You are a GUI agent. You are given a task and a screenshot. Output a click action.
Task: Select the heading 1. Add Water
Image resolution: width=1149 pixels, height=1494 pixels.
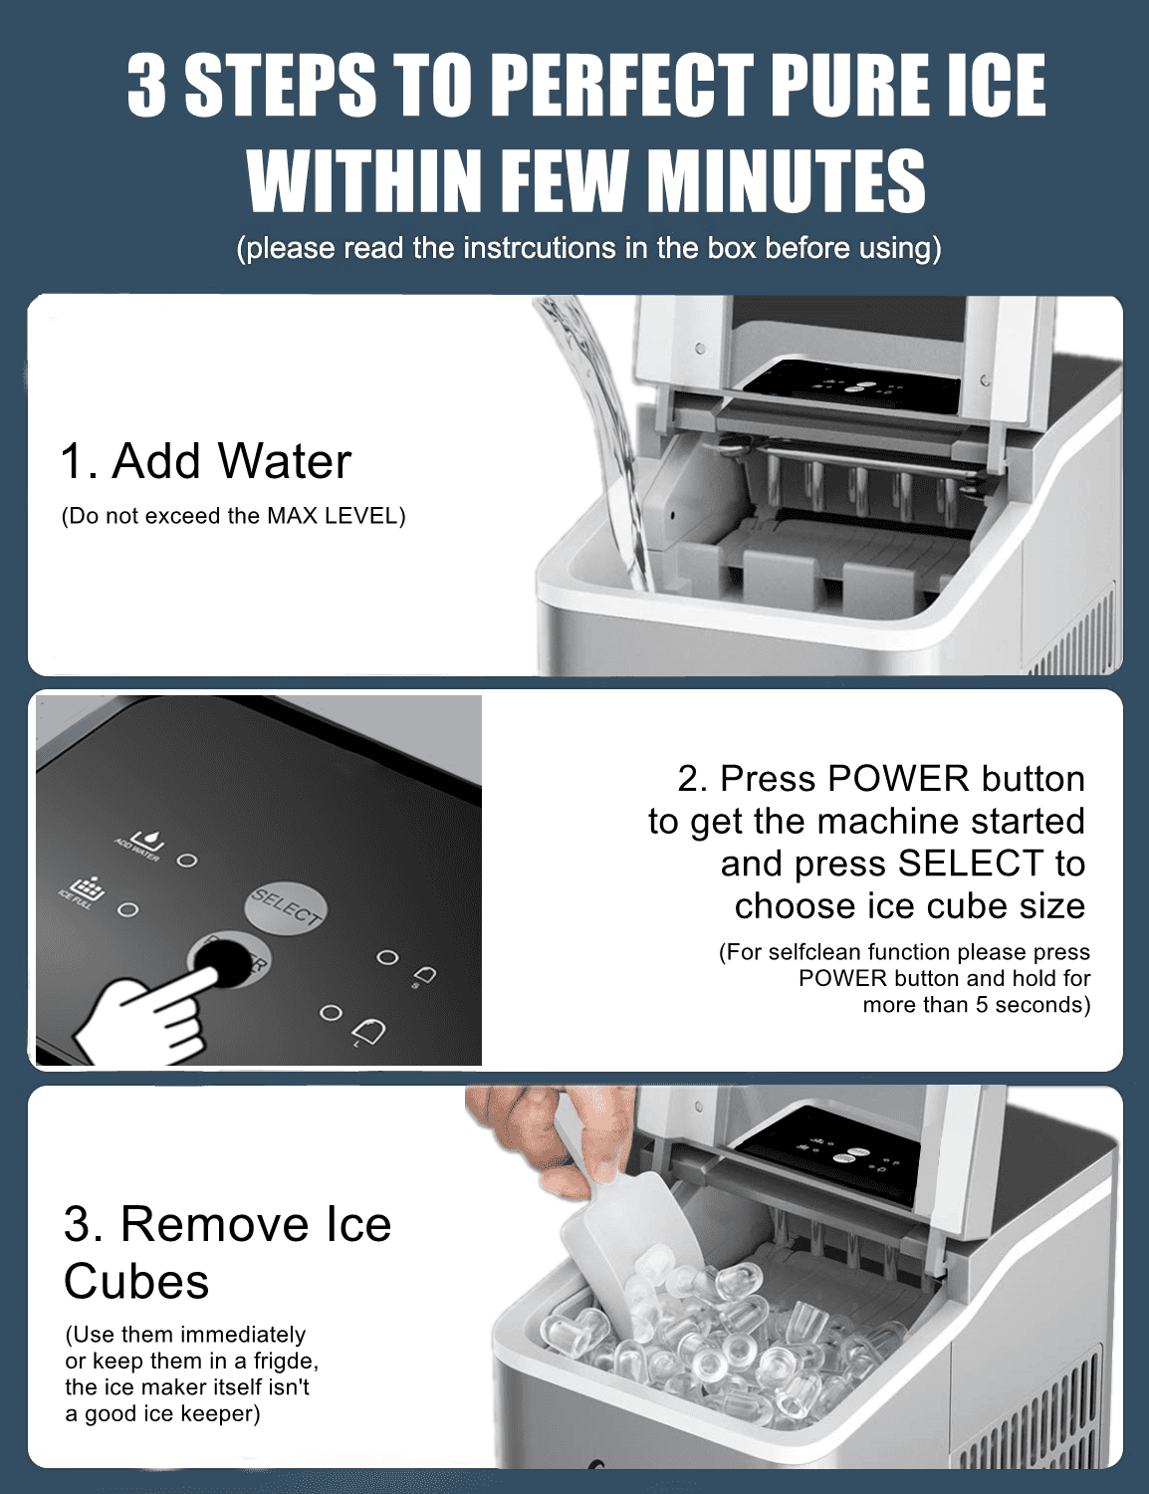pos(205,460)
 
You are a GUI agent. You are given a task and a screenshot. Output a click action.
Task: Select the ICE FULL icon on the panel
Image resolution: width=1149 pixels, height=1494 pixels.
pos(90,887)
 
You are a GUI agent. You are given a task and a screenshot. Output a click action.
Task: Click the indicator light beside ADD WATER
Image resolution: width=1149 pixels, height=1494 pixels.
pos(186,861)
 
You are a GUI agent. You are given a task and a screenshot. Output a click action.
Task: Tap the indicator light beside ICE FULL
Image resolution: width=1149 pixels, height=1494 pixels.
pos(127,909)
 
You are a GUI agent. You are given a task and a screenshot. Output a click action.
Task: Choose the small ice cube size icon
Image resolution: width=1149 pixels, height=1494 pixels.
pos(424,975)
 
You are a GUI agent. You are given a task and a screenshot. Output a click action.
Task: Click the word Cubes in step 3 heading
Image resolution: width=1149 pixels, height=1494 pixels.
pos(136,1282)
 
